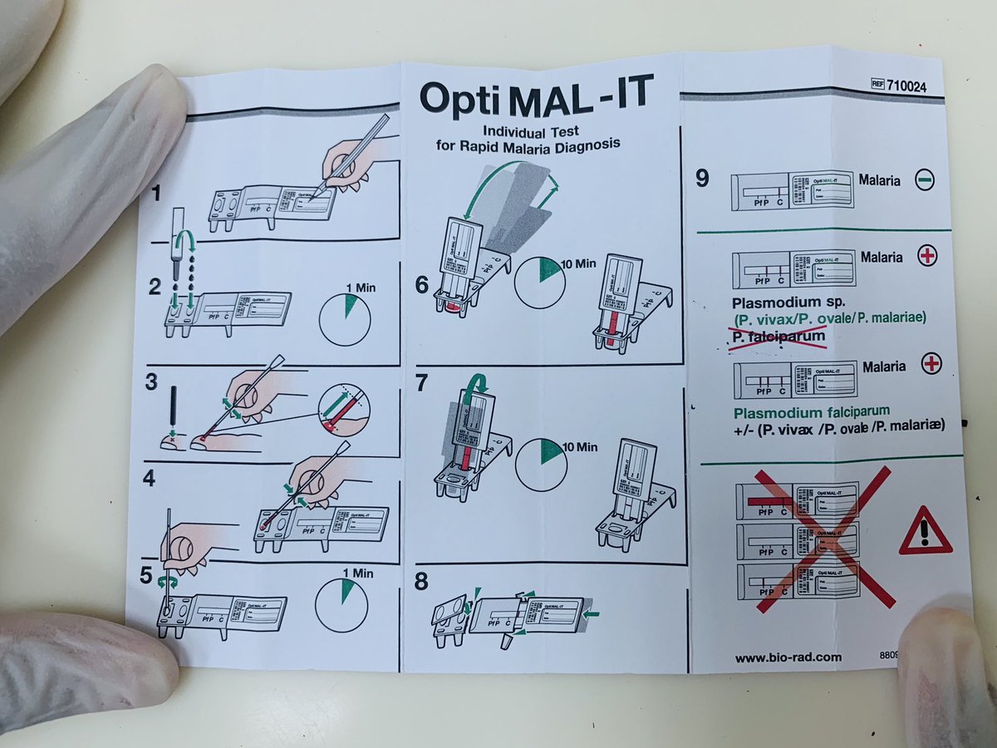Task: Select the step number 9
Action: tap(702, 178)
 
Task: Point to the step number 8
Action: tap(422, 579)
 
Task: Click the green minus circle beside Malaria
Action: tap(926, 180)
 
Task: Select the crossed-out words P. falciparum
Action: tap(779, 337)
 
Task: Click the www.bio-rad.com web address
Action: tap(788, 657)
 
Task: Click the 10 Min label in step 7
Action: tap(579, 446)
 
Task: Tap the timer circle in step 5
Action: tap(341, 605)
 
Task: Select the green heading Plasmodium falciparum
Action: tap(810, 411)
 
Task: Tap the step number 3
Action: tap(151, 382)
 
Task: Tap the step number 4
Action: tap(149, 480)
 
